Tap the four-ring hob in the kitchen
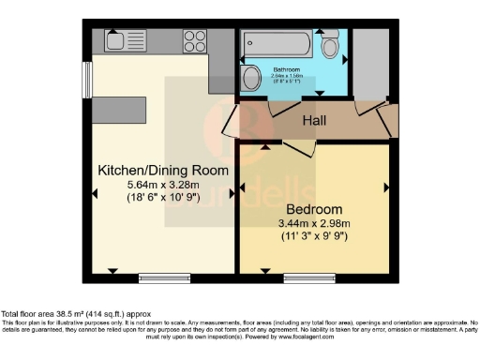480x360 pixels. point(195,40)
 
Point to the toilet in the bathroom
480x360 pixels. point(330,44)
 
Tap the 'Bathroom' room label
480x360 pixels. point(286,69)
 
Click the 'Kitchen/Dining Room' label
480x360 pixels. point(164,170)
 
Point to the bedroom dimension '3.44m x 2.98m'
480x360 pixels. point(314,223)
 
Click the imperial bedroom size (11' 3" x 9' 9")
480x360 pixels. point(314,236)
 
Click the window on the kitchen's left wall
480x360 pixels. point(86,79)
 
